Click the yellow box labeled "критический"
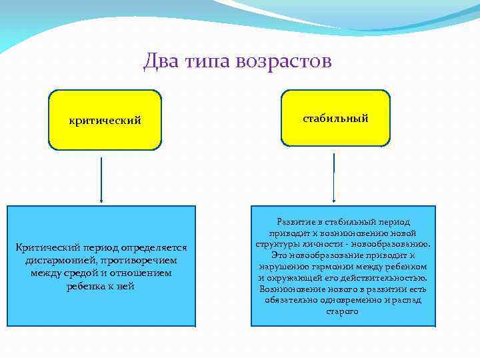105,120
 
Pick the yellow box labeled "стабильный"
335,118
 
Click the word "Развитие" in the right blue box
295,221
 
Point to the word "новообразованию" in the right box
396,244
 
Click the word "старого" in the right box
343,312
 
